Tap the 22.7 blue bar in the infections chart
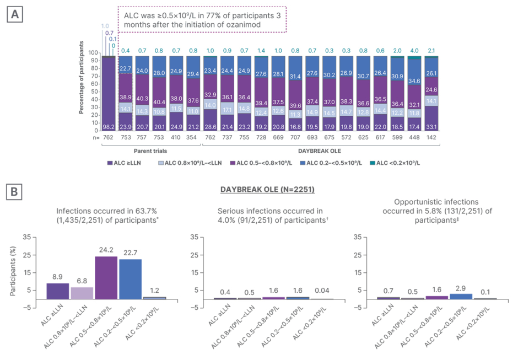click(x=129, y=279)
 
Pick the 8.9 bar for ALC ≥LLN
click(x=58, y=291)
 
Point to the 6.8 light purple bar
click(x=82, y=293)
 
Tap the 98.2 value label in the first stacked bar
click(x=108, y=126)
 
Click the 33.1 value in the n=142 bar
click(x=431, y=126)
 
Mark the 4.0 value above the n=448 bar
click(x=414, y=51)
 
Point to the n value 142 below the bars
click(x=431, y=137)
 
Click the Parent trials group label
click(x=151, y=150)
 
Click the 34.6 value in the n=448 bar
click(x=414, y=80)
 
